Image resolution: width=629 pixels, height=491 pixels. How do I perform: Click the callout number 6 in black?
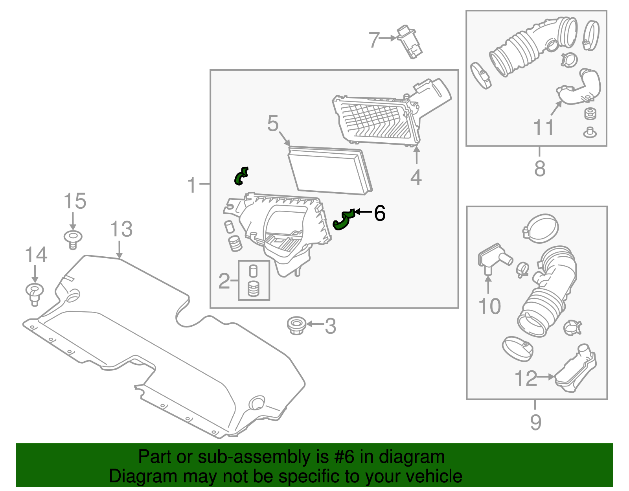click(379, 213)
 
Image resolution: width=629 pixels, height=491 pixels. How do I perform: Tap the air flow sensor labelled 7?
click(409, 42)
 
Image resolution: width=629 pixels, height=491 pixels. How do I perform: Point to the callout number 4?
click(416, 177)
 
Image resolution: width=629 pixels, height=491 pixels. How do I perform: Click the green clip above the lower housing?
click(241, 176)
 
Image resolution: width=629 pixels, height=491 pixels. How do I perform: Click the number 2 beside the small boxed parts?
click(224, 281)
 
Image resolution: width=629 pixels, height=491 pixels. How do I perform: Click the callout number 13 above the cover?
click(121, 229)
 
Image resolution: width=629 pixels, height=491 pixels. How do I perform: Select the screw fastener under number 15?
click(73, 239)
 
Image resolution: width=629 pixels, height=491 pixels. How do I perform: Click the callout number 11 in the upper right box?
click(544, 127)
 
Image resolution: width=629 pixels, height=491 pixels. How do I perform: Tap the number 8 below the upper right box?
click(540, 168)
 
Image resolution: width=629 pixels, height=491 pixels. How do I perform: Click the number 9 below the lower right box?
click(535, 422)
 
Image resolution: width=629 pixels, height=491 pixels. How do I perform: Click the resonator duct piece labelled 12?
click(576, 370)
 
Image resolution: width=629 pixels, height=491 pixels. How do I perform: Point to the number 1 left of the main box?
click(192, 185)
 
